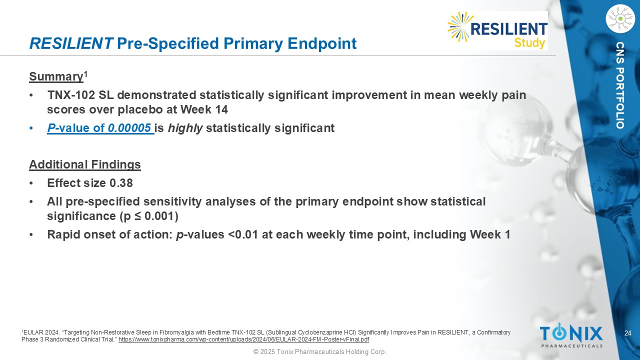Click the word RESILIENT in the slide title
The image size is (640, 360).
coord(71,43)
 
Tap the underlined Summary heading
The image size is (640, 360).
coord(56,77)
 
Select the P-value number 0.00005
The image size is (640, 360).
coord(129,128)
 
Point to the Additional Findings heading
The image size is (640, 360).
coord(85,164)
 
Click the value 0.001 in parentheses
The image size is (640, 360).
coord(159,216)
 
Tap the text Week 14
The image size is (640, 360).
coord(204,109)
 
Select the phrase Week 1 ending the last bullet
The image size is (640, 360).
coord(490,234)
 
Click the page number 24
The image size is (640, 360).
coord(627,333)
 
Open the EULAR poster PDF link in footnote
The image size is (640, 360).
coord(243,339)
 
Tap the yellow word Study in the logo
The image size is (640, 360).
coord(529,43)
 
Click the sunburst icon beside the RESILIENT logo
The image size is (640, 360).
coord(459,26)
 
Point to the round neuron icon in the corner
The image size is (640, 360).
coord(620,19)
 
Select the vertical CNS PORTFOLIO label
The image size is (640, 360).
coord(620,85)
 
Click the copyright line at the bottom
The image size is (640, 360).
coord(320,351)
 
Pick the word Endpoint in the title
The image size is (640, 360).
coord(322,43)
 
